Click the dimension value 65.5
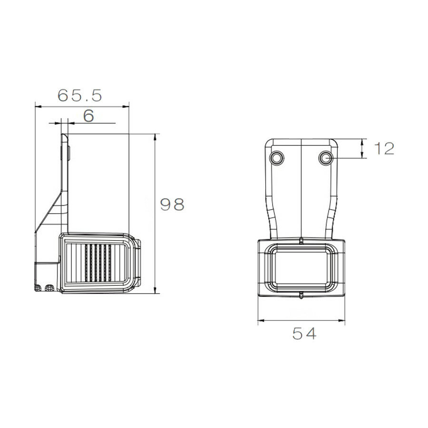click(79, 96)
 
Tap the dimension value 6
click(88, 116)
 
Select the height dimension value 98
click(172, 204)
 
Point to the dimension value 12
click(384, 149)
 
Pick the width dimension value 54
click(304, 334)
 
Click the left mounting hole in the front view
click(276, 157)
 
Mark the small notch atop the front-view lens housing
click(302, 240)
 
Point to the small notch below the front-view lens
click(302, 296)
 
